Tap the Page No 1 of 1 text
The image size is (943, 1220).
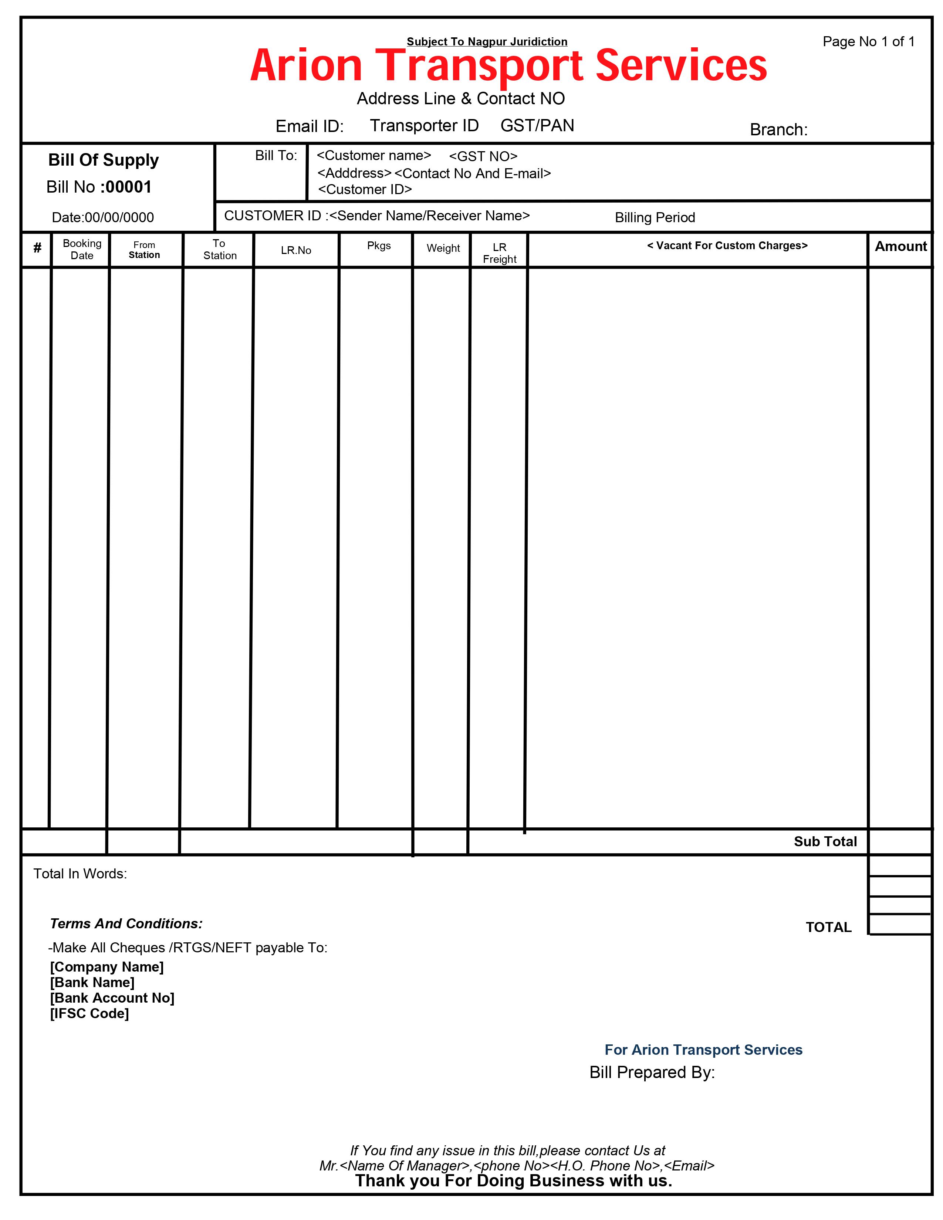click(x=868, y=42)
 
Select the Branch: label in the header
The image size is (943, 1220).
click(x=778, y=130)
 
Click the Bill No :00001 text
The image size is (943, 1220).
click(x=99, y=187)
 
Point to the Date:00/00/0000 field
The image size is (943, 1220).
click(x=103, y=217)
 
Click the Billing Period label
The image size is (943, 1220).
click(x=655, y=217)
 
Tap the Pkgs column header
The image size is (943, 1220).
click(x=379, y=246)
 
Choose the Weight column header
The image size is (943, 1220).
click(x=443, y=248)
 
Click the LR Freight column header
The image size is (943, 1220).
click(x=500, y=253)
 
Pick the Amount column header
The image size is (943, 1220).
click(x=900, y=246)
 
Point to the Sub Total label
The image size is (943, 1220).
click(x=825, y=841)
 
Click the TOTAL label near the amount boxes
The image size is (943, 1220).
click(x=828, y=927)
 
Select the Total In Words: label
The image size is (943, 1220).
click(x=80, y=874)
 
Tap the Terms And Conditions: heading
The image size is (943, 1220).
click(x=126, y=924)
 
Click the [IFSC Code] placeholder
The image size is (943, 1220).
click(x=89, y=1013)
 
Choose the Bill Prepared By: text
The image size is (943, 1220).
click(x=652, y=1072)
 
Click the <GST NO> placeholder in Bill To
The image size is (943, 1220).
click(x=483, y=156)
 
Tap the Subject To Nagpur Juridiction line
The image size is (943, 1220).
click(x=487, y=42)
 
